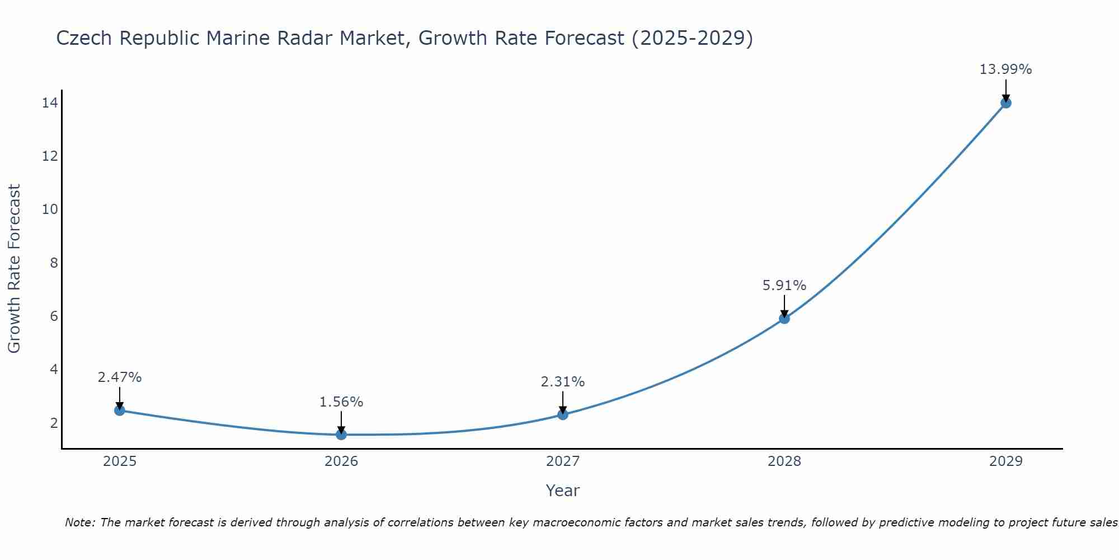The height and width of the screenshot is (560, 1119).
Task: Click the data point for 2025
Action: (x=119, y=410)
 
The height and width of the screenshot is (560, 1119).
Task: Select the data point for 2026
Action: (x=341, y=435)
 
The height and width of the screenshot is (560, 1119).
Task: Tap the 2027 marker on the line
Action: (x=563, y=414)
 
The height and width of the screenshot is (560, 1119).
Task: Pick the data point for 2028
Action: (x=784, y=319)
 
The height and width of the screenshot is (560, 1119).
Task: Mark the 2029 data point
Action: (x=1006, y=103)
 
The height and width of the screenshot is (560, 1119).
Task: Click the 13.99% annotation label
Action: (x=1005, y=69)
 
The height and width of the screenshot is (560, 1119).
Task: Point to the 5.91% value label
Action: (x=784, y=286)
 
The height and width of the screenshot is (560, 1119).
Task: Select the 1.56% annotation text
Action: (x=341, y=402)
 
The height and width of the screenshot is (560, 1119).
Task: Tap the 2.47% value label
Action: (x=120, y=377)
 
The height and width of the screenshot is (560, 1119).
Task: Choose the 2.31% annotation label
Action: (x=563, y=382)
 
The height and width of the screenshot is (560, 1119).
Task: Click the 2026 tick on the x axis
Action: (x=341, y=461)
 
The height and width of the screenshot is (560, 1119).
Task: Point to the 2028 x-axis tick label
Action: (x=784, y=461)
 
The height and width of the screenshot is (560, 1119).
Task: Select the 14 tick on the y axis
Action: (x=50, y=102)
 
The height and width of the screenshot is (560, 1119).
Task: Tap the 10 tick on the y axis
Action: (x=50, y=209)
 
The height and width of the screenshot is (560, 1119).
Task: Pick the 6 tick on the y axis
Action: (x=54, y=316)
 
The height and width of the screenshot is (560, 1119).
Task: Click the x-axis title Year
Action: (x=563, y=491)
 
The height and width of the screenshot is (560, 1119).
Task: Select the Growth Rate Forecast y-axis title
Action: (x=14, y=269)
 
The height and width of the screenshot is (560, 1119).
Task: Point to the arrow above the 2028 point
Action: (x=784, y=306)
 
